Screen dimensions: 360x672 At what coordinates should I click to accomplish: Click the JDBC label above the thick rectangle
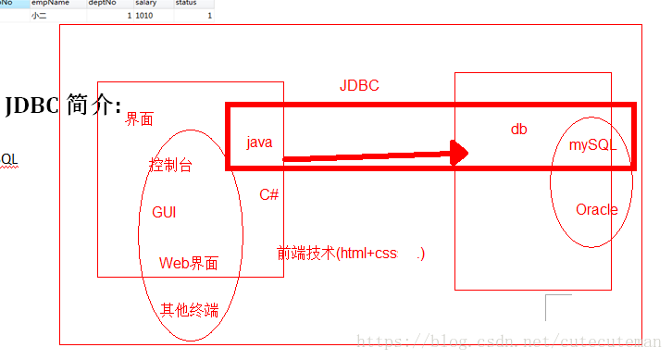click(x=359, y=86)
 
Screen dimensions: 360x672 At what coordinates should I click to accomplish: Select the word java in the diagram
click(x=259, y=143)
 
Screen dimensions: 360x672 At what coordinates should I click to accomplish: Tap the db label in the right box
click(x=518, y=130)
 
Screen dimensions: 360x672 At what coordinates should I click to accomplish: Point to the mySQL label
click(x=592, y=145)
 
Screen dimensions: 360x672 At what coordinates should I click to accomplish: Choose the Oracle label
click(x=596, y=210)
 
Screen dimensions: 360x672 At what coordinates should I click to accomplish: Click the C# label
click(x=269, y=194)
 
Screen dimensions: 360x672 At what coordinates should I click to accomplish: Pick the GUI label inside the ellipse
click(x=164, y=213)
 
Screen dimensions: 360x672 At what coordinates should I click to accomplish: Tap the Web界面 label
click(x=189, y=264)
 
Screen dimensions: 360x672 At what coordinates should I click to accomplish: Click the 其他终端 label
click(x=190, y=310)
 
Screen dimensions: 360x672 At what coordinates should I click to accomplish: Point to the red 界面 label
click(x=140, y=119)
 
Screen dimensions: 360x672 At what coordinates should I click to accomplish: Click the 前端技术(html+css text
click(x=337, y=254)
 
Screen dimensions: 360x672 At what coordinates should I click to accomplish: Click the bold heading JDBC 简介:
click(x=63, y=106)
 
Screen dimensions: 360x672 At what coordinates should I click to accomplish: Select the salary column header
click(x=145, y=4)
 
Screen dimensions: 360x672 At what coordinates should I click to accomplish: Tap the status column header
click(x=186, y=4)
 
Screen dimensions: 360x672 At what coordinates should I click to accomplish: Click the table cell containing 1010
click(x=144, y=16)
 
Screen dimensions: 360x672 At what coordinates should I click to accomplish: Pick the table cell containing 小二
click(x=39, y=16)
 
